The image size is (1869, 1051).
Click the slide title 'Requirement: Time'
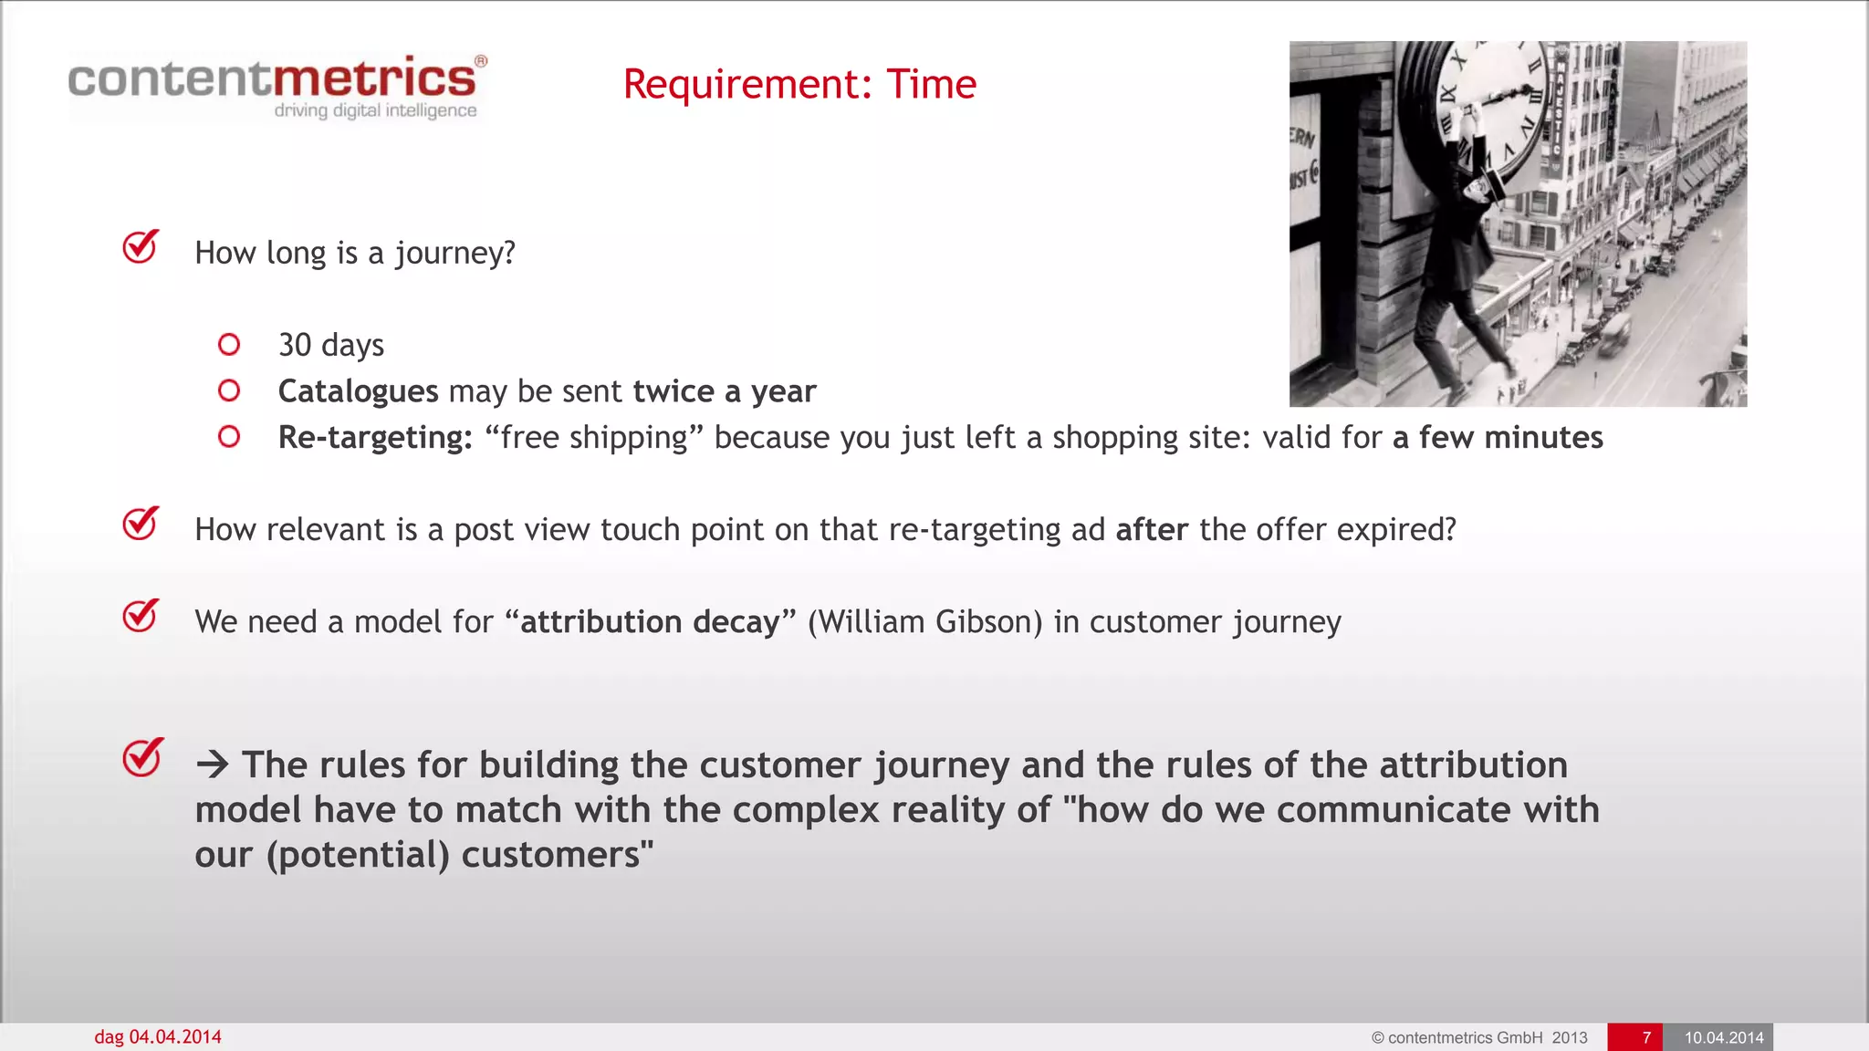[799, 84]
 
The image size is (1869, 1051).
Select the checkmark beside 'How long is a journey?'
[141, 247]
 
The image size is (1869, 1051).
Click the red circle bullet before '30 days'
[229, 345]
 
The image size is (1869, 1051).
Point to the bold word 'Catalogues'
[358, 391]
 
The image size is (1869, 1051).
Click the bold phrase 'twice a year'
[724, 391]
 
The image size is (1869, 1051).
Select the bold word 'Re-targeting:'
[375, 438]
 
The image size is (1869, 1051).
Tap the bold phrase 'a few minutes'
[1497, 438]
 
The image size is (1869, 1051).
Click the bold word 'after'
[1152, 530]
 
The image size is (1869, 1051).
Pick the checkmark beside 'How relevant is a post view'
[141, 525]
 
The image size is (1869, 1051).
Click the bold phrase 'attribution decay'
[650, 622]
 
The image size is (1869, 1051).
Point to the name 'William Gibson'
[924, 622]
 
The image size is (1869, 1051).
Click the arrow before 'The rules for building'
[212, 765]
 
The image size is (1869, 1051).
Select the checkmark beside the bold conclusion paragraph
[142, 757]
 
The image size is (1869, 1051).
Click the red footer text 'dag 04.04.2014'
[158, 1037]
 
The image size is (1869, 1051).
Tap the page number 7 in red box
[1645, 1037]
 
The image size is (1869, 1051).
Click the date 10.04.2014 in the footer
[1723, 1037]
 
